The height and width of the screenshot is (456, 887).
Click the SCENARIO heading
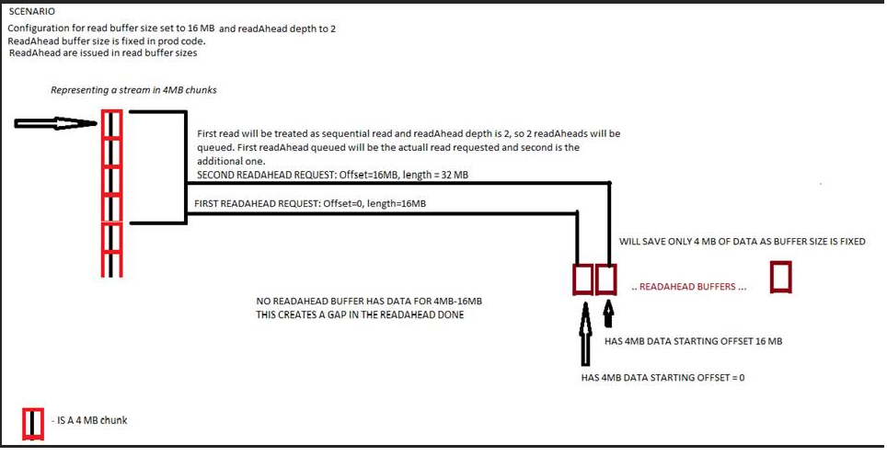[x=33, y=12]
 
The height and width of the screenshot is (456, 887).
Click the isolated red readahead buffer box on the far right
[x=781, y=278]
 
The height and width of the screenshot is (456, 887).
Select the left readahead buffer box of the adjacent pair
[x=582, y=279]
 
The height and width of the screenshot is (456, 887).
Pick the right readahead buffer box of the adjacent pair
[x=605, y=279]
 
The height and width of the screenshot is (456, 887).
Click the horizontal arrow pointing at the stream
[x=55, y=123]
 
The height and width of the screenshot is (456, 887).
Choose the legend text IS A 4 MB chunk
[x=92, y=420]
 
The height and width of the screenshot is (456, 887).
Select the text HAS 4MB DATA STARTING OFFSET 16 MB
[x=693, y=341]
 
